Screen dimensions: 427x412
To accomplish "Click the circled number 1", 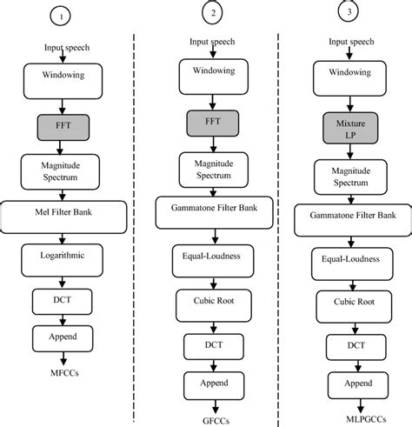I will pos(58,16).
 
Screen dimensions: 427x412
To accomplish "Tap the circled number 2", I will pos(210,12).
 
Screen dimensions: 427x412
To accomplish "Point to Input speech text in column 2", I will pos(210,42).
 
